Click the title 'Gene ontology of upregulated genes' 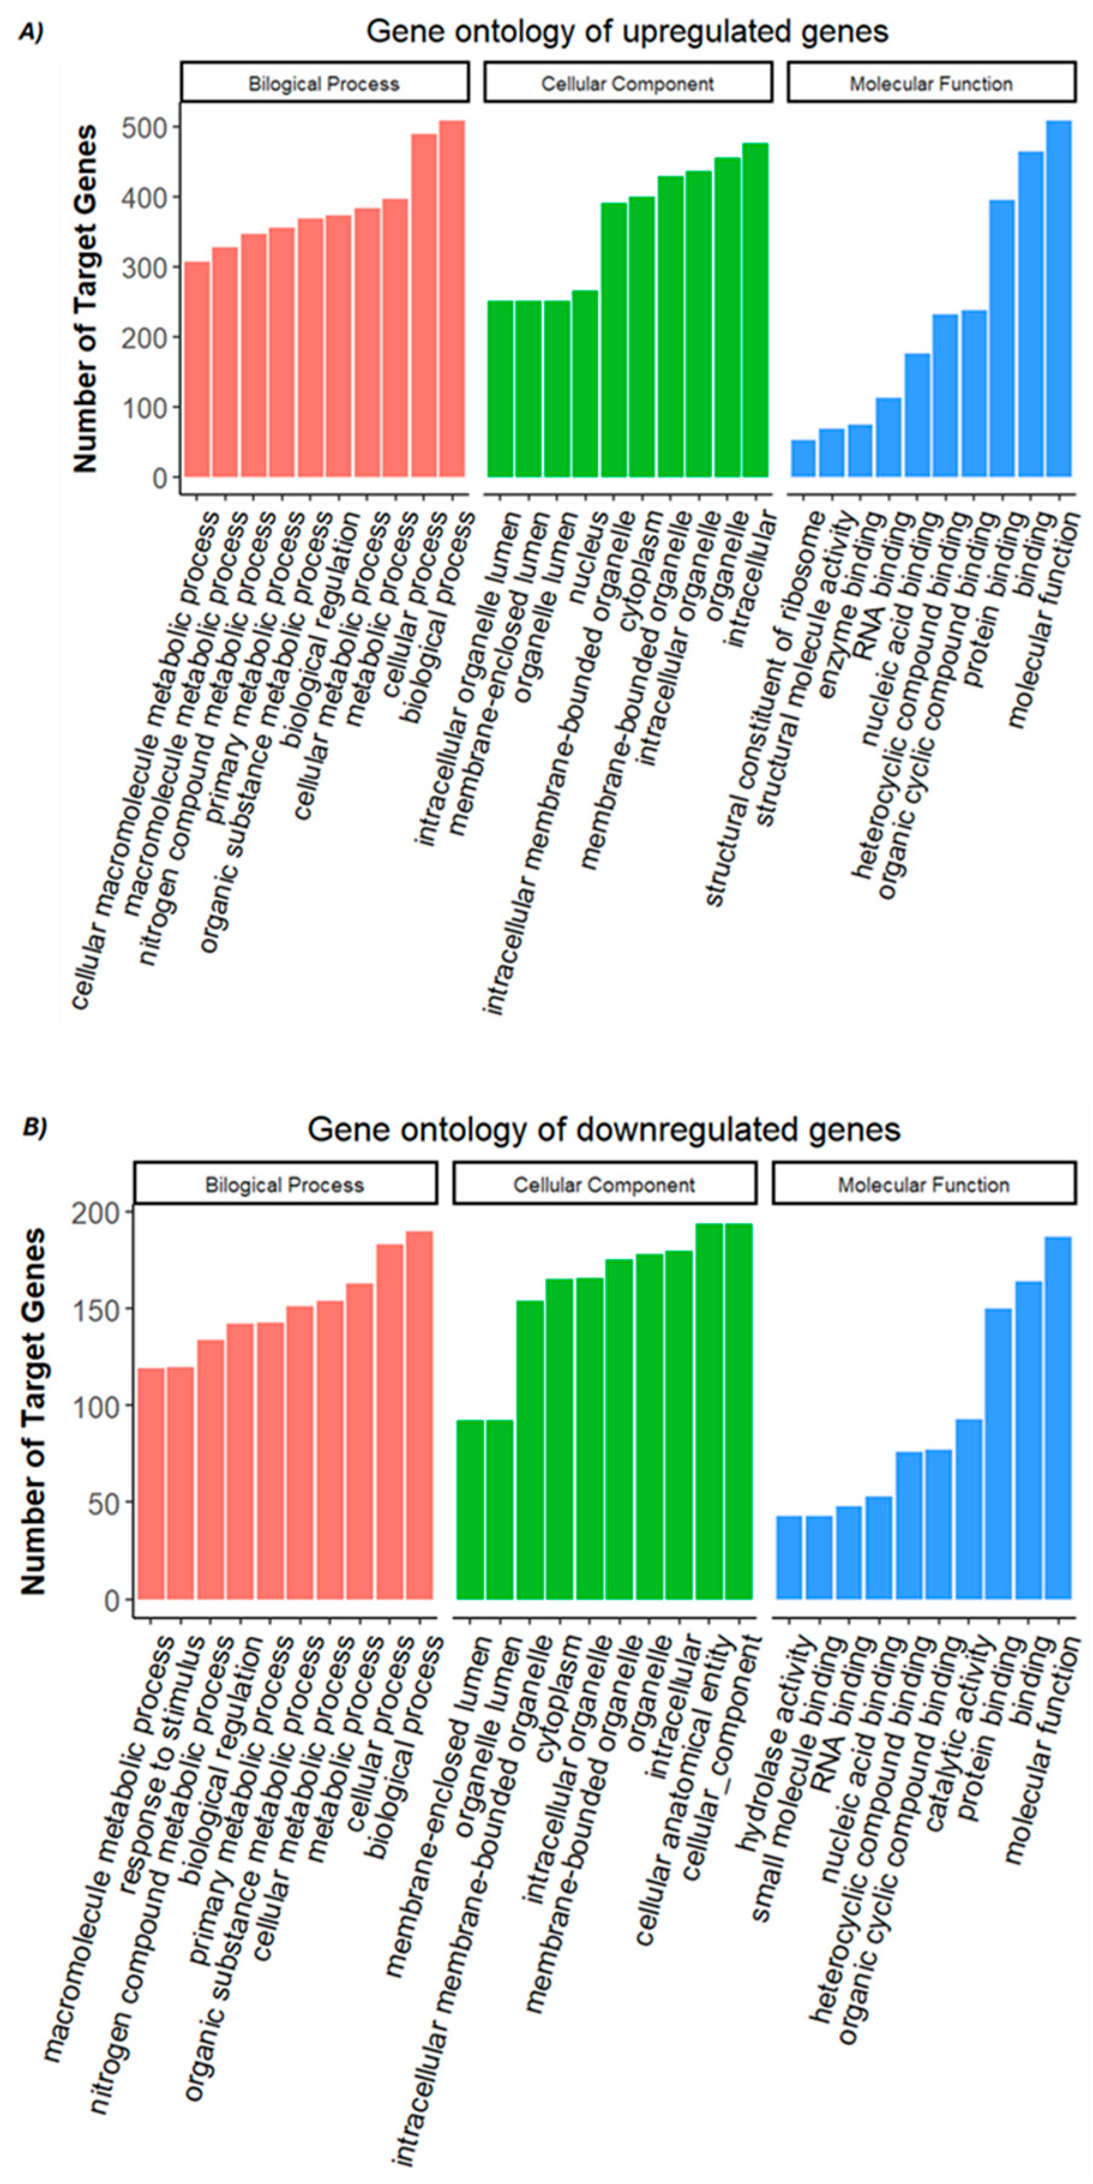[x=627, y=32]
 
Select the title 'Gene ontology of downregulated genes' [x=603, y=1129]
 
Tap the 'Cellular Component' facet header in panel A [x=627, y=84]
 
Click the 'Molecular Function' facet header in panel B [x=923, y=1185]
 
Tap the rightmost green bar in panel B [x=738, y=1411]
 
